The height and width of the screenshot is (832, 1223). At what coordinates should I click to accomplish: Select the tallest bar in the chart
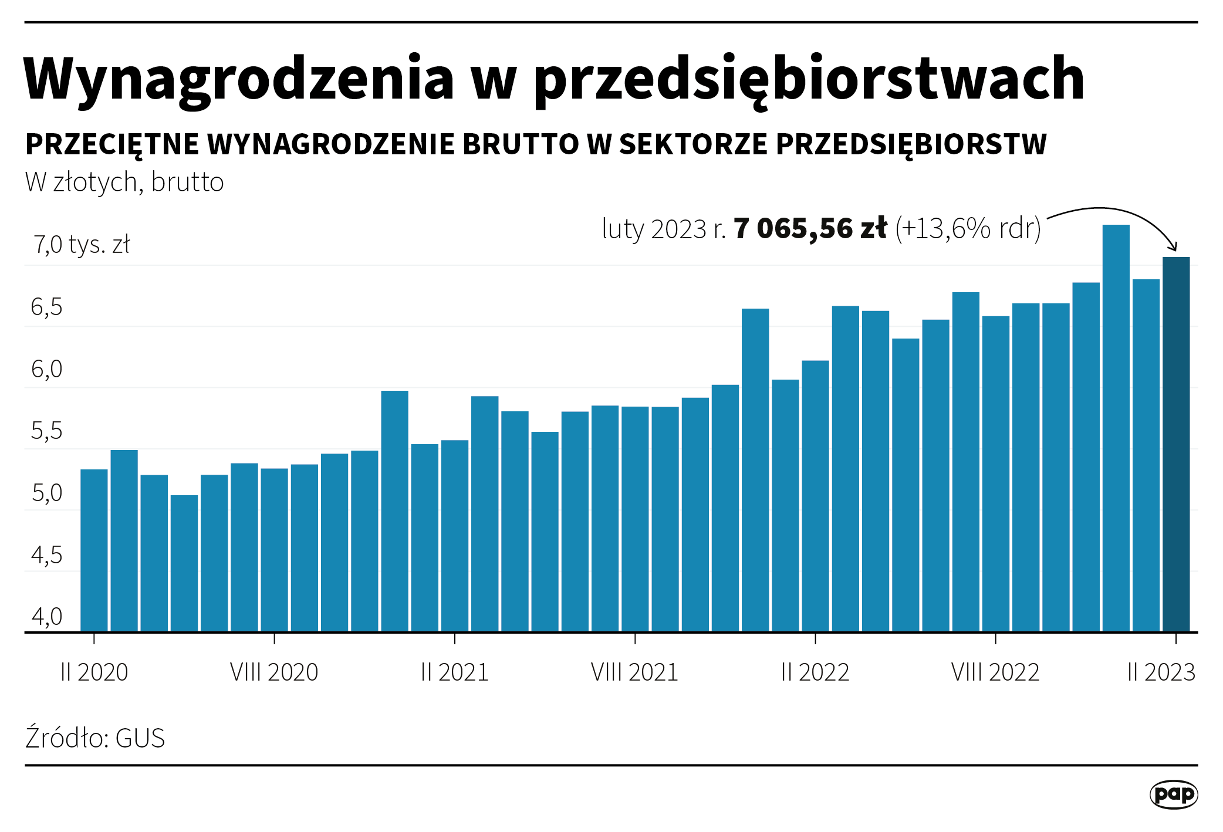click(x=1116, y=428)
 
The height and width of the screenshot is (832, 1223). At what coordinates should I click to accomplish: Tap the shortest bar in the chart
click(x=184, y=563)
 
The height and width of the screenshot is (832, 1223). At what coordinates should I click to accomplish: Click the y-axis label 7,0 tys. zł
click(x=82, y=245)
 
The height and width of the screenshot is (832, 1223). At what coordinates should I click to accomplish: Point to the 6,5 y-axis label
click(x=46, y=307)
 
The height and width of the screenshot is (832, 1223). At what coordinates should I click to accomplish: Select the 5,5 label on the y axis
click(x=46, y=431)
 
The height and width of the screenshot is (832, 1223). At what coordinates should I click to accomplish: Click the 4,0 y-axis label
click(x=46, y=617)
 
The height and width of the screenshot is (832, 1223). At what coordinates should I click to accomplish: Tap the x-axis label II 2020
click(x=94, y=672)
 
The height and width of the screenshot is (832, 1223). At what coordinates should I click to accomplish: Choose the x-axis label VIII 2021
click(x=634, y=672)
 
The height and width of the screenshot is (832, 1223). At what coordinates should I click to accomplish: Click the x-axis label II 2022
click(x=815, y=672)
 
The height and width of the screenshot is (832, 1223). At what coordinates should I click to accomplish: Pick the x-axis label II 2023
click(x=1161, y=672)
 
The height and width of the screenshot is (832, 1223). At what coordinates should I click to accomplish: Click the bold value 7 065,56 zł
click(x=810, y=228)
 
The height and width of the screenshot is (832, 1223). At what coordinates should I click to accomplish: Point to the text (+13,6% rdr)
click(x=968, y=228)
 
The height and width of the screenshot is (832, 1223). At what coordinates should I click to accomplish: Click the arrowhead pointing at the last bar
click(x=1173, y=246)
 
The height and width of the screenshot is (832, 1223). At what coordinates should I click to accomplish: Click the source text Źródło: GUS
click(x=95, y=738)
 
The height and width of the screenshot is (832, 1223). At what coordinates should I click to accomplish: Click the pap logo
click(x=1173, y=794)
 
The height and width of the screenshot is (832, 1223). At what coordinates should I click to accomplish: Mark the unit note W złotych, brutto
click(x=124, y=182)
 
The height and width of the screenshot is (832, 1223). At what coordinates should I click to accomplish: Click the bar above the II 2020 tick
click(x=94, y=550)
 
